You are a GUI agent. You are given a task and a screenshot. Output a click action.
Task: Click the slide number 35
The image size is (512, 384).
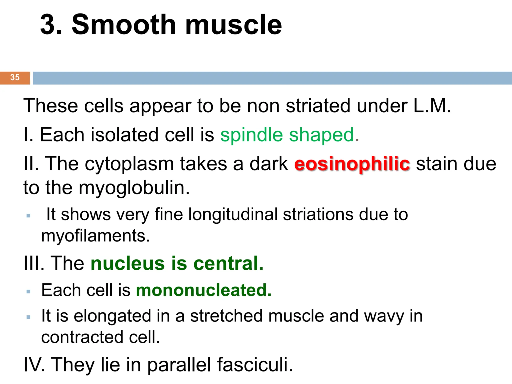pyautogui.click(x=15, y=77)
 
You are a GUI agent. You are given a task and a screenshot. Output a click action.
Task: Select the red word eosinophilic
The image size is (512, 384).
pyautogui.click(x=352, y=164)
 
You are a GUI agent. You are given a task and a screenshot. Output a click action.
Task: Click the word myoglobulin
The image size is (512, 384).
pyautogui.click(x=134, y=188)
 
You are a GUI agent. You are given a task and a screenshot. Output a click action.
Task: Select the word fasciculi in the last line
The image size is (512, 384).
pyautogui.click(x=255, y=364)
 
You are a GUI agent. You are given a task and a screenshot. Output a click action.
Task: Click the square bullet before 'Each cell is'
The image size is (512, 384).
pyautogui.click(x=28, y=291)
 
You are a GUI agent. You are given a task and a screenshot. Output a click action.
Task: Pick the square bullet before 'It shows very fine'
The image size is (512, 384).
pyautogui.click(x=28, y=215)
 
